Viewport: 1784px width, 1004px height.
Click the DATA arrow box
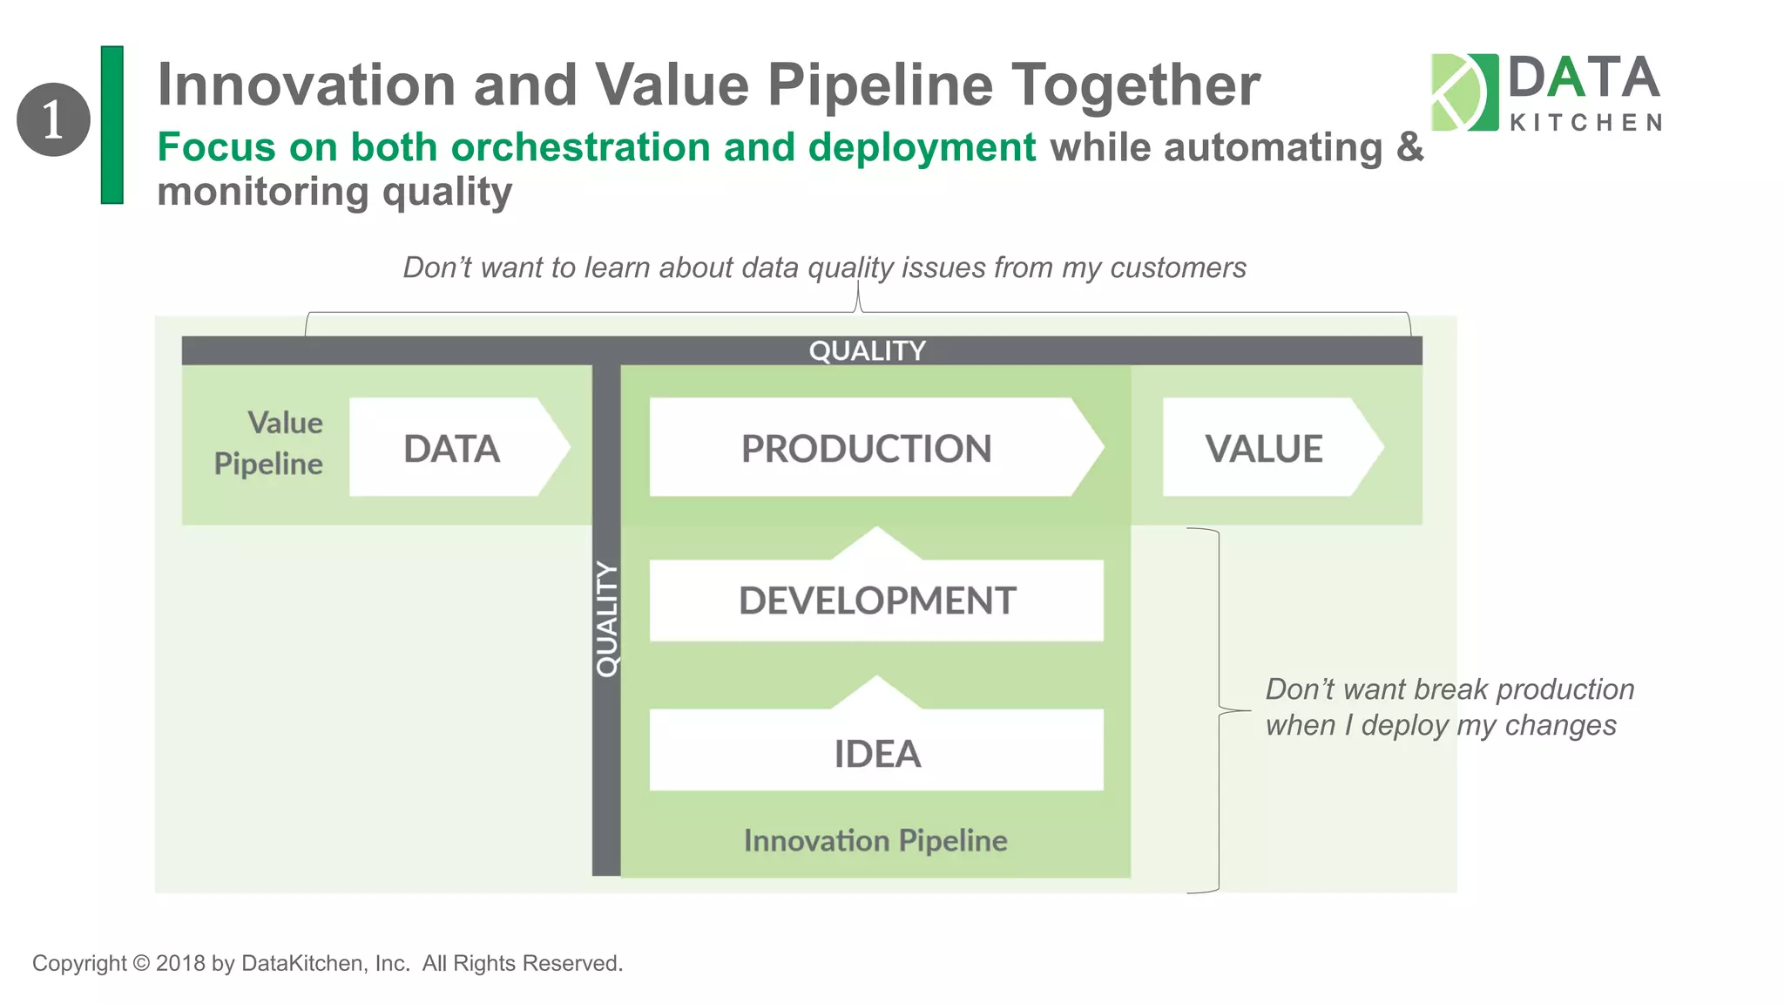click(453, 448)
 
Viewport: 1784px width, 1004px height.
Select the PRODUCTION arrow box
click(867, 448)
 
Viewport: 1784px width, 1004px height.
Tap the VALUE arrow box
click(1265, 448)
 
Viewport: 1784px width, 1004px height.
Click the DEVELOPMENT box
click(876, 600)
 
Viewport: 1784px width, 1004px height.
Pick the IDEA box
click(876, 753)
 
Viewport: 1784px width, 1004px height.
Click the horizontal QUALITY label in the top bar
click(867, 350)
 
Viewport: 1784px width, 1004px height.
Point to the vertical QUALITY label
click(606, 619)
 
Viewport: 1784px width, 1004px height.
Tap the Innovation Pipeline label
click(875, 840)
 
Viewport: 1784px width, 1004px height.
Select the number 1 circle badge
click(53, 119)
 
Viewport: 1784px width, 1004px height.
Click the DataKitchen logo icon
click(1463, 92)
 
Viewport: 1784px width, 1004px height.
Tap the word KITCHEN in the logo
click(1585, 123)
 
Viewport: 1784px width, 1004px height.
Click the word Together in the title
click(1135, 85)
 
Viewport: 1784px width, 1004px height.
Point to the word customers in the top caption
click(1178, 268)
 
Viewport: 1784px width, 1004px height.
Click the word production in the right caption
click(1564, 689)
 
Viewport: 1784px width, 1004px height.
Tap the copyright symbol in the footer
click(141, 963)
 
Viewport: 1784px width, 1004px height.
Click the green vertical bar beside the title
click(112, 125)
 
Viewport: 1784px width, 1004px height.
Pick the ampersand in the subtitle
click(1409, 146)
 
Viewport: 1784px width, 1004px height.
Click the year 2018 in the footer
click(180, 963)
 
